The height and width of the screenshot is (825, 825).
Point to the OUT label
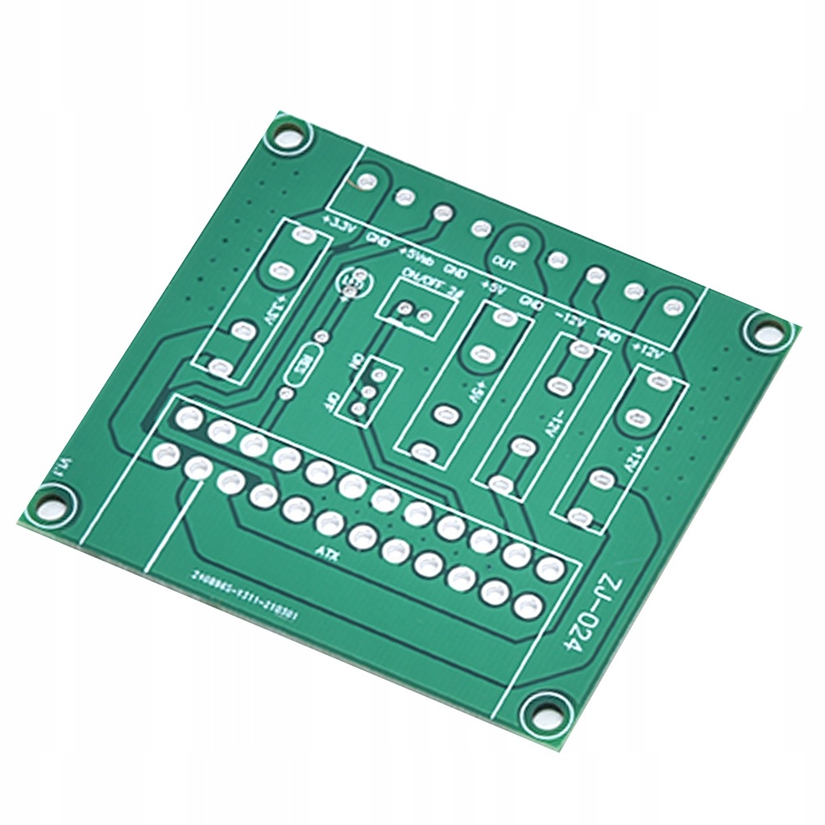pyautogui.click(x=505, y=263)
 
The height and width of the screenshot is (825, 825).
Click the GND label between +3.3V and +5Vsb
pyautogui.click(x=378, y=238)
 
